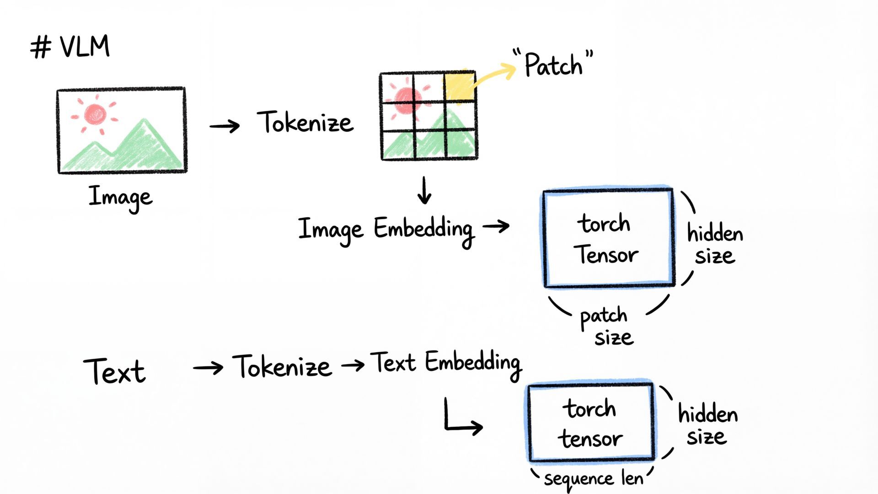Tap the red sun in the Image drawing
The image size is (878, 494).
click(x=95, y=114)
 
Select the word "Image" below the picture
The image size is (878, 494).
click(x=120, y=198)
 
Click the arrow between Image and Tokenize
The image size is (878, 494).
click(x=225, y=126)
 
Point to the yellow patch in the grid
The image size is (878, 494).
click(x=460, y=86)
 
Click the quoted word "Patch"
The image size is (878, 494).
click(x=553, y=64)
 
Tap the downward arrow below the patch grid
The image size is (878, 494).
click(x=424, y=191)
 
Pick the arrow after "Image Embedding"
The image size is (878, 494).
click(x=496, y=226)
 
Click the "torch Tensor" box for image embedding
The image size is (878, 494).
click(x=608, y=238)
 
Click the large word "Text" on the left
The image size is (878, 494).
click(x=114, y=371)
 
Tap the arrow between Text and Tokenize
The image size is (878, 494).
click(x=208, y=367)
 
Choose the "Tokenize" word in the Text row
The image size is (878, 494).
click(x=282, y=367)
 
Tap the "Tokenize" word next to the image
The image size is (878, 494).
click(x=305, y=123)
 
